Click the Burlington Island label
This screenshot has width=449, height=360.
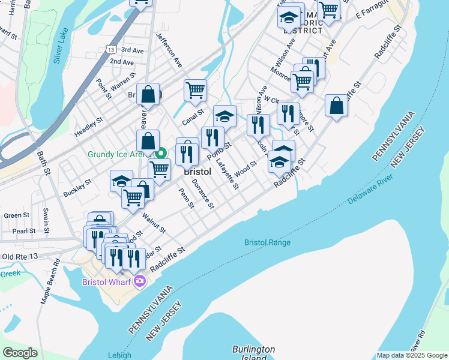[x=253, y=353]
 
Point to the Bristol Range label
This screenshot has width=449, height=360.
[x=267, y=242]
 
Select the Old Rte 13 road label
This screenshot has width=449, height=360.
[x=20, y=257]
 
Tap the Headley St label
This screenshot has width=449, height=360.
[x=89, y=127]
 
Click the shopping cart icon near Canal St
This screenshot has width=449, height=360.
[x=195, y=90]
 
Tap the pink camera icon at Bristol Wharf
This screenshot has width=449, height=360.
[x=140, y=281]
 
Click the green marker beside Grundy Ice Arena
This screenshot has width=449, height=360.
[x=161, y=153]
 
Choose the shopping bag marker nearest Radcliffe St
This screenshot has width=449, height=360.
[x=337, y=105]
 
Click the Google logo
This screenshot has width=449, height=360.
[x=20, y=353]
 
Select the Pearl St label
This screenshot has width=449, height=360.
[x=24, y=231]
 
